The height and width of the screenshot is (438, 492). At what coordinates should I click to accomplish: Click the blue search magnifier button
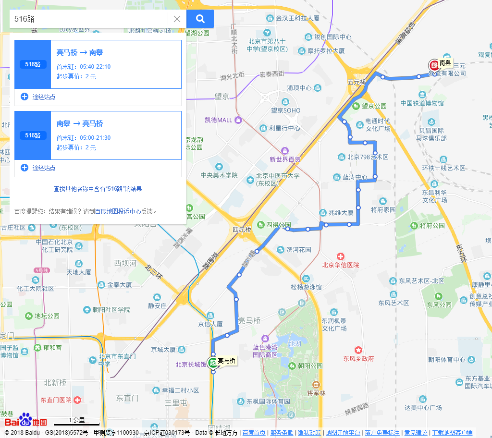[x=200, y=19]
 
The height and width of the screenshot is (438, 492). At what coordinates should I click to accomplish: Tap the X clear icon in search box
[x=177, y=19]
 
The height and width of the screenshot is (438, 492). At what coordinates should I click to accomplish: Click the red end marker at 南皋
[x=434, y=65]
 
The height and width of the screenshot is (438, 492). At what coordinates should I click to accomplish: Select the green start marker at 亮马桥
[x=213, y=362]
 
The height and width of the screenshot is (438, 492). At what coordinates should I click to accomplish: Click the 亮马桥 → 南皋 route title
[x=80, y=52]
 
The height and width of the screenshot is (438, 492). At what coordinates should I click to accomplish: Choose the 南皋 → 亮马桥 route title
[x=80, y=123]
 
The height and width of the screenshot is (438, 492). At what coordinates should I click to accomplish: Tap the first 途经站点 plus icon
[x=25, y=97]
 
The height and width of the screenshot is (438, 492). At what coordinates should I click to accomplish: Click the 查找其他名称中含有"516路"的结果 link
[x=98, y=189]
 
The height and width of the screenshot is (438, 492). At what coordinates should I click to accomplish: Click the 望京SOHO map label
[x=286, y=110]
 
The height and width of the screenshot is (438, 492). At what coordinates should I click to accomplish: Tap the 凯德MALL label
[x=218, y=120]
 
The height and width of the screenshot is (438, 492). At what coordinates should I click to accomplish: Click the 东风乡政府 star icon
[x=357, y=350]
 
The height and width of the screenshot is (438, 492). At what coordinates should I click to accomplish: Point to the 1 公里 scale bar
[x=76, y=423]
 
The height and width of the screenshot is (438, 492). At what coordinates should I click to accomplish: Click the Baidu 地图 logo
[x=26, y=421]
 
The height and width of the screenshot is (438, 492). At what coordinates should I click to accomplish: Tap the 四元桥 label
[x=242, y=230]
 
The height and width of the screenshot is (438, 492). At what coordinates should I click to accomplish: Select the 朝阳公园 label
[x=310, y=365]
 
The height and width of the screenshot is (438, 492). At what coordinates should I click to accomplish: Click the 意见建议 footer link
[x=416, y=433]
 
